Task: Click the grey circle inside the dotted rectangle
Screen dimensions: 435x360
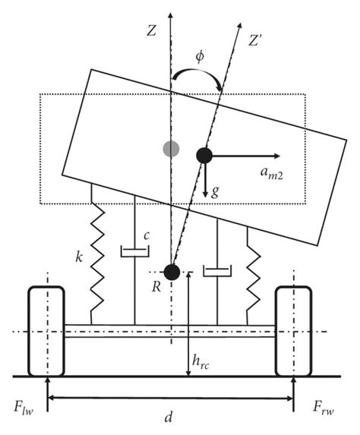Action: pyautogui.click(x=171, y=147)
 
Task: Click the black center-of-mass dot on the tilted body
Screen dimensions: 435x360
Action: pyautogui.click(x=204, y=156)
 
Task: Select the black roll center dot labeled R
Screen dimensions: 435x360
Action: pyautogui.click(x=172, y=272)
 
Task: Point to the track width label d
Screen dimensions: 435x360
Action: pyautogui.click(x=170, y=419)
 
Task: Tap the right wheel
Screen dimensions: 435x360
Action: pyautogui.click(x=295, y=330)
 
